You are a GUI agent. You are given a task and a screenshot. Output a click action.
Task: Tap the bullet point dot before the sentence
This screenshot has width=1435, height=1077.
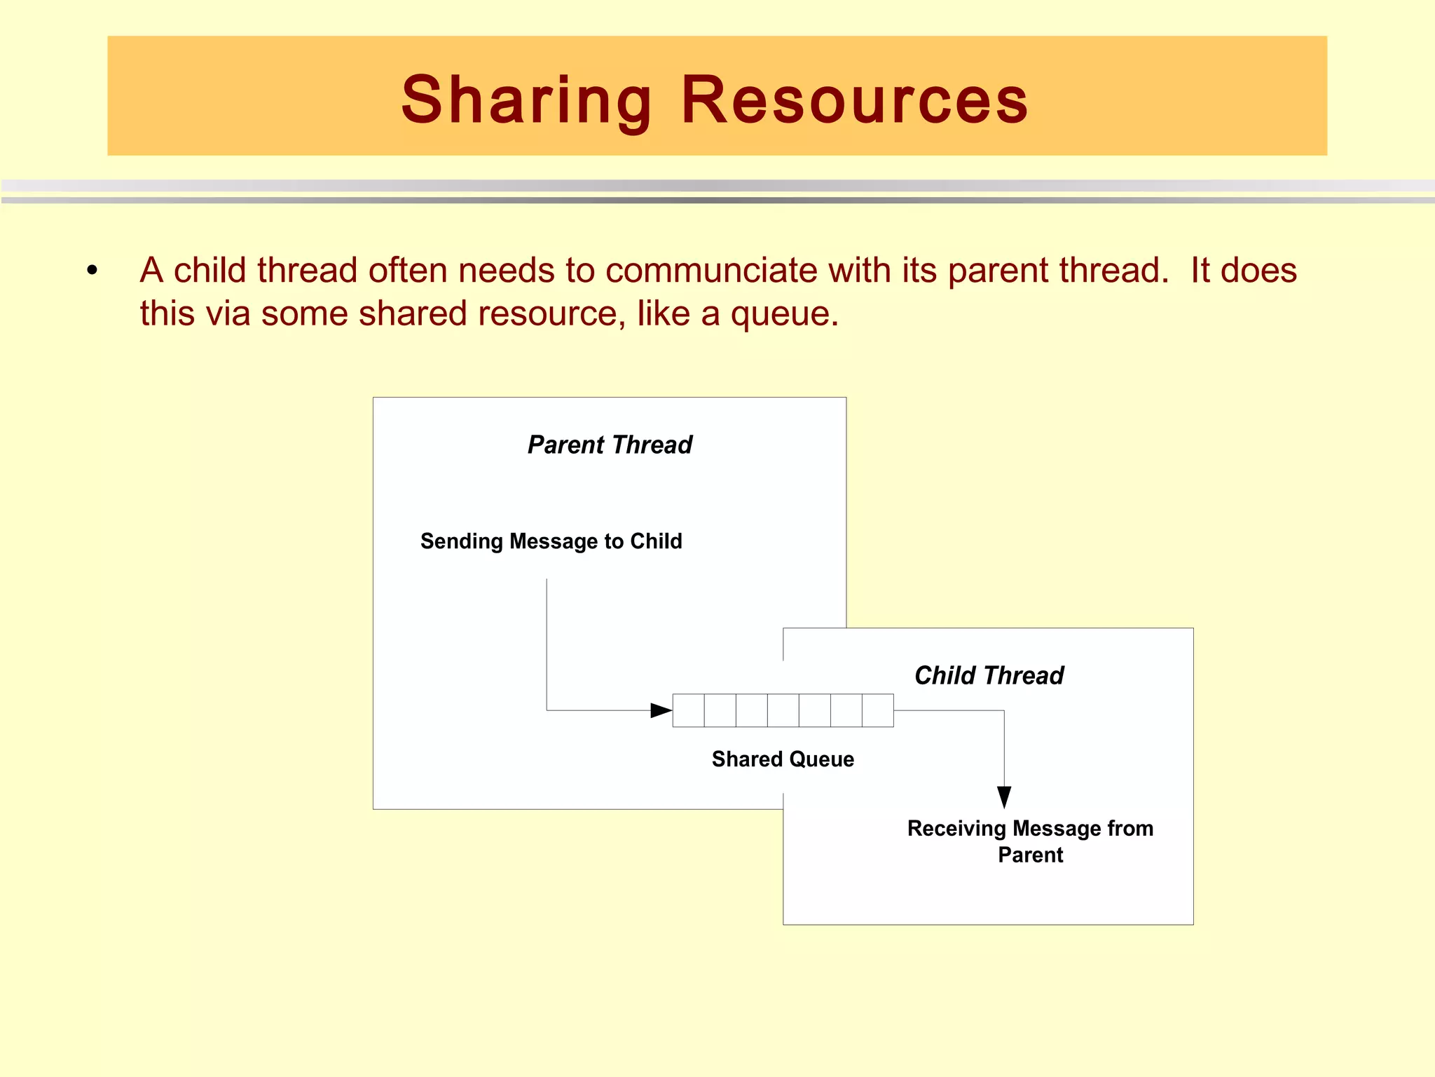click(x=92, y=271)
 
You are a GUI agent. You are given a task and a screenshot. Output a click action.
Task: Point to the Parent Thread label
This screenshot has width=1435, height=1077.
click(x=610, y=445)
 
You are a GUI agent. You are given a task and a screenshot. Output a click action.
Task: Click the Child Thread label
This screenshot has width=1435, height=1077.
click(x=989, y=675)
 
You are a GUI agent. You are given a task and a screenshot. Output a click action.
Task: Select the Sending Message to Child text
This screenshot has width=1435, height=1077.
click(x=551, y=541)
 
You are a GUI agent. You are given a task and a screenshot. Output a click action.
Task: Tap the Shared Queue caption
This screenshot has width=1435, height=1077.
click(x=783, y=759)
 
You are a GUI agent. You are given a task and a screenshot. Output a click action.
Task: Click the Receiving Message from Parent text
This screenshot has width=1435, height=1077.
click(x=1030, y=841)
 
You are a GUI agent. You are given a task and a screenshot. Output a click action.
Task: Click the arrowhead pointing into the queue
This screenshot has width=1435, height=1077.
click(x=661, y=710)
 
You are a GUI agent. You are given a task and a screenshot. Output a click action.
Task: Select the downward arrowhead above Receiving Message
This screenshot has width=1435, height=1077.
click(x=1004, y=797)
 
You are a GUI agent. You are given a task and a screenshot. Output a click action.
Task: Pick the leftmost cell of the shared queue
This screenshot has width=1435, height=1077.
click(x=688, y=710)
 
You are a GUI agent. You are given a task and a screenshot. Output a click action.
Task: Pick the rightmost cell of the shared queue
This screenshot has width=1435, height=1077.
click(x=878, y=710)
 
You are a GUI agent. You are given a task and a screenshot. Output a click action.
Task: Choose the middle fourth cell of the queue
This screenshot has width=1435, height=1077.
click(x=783, y=710)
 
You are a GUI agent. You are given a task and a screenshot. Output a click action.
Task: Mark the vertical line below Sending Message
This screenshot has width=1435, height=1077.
click(x=547, y=645)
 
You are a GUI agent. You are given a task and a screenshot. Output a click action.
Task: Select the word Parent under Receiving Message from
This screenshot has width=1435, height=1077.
click(x=1030, y=855)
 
